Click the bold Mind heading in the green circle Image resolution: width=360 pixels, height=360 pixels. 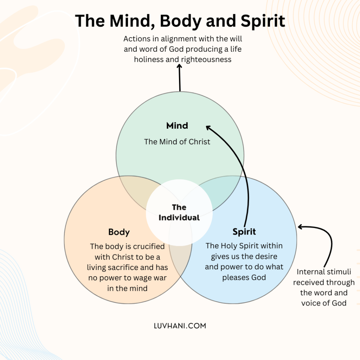click(x=177, y=126)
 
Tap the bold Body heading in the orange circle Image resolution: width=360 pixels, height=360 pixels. click(x=119, y=232)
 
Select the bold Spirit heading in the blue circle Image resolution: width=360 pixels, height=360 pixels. click(x=244, y=232)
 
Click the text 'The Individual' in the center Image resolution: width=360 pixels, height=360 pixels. click(x=179, y=212)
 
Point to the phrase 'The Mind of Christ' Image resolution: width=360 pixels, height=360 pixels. click(x=177, y=142)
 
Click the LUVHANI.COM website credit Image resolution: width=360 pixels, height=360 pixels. click(x=180, y=326)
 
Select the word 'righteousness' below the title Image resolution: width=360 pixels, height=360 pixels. click(x=206, y=59)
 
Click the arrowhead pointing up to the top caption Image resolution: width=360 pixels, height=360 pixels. click(x=179, y=66)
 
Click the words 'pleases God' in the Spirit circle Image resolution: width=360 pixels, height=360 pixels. click(x=244, y=277)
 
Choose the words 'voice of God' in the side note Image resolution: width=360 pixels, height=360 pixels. click(x=324, y=303)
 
